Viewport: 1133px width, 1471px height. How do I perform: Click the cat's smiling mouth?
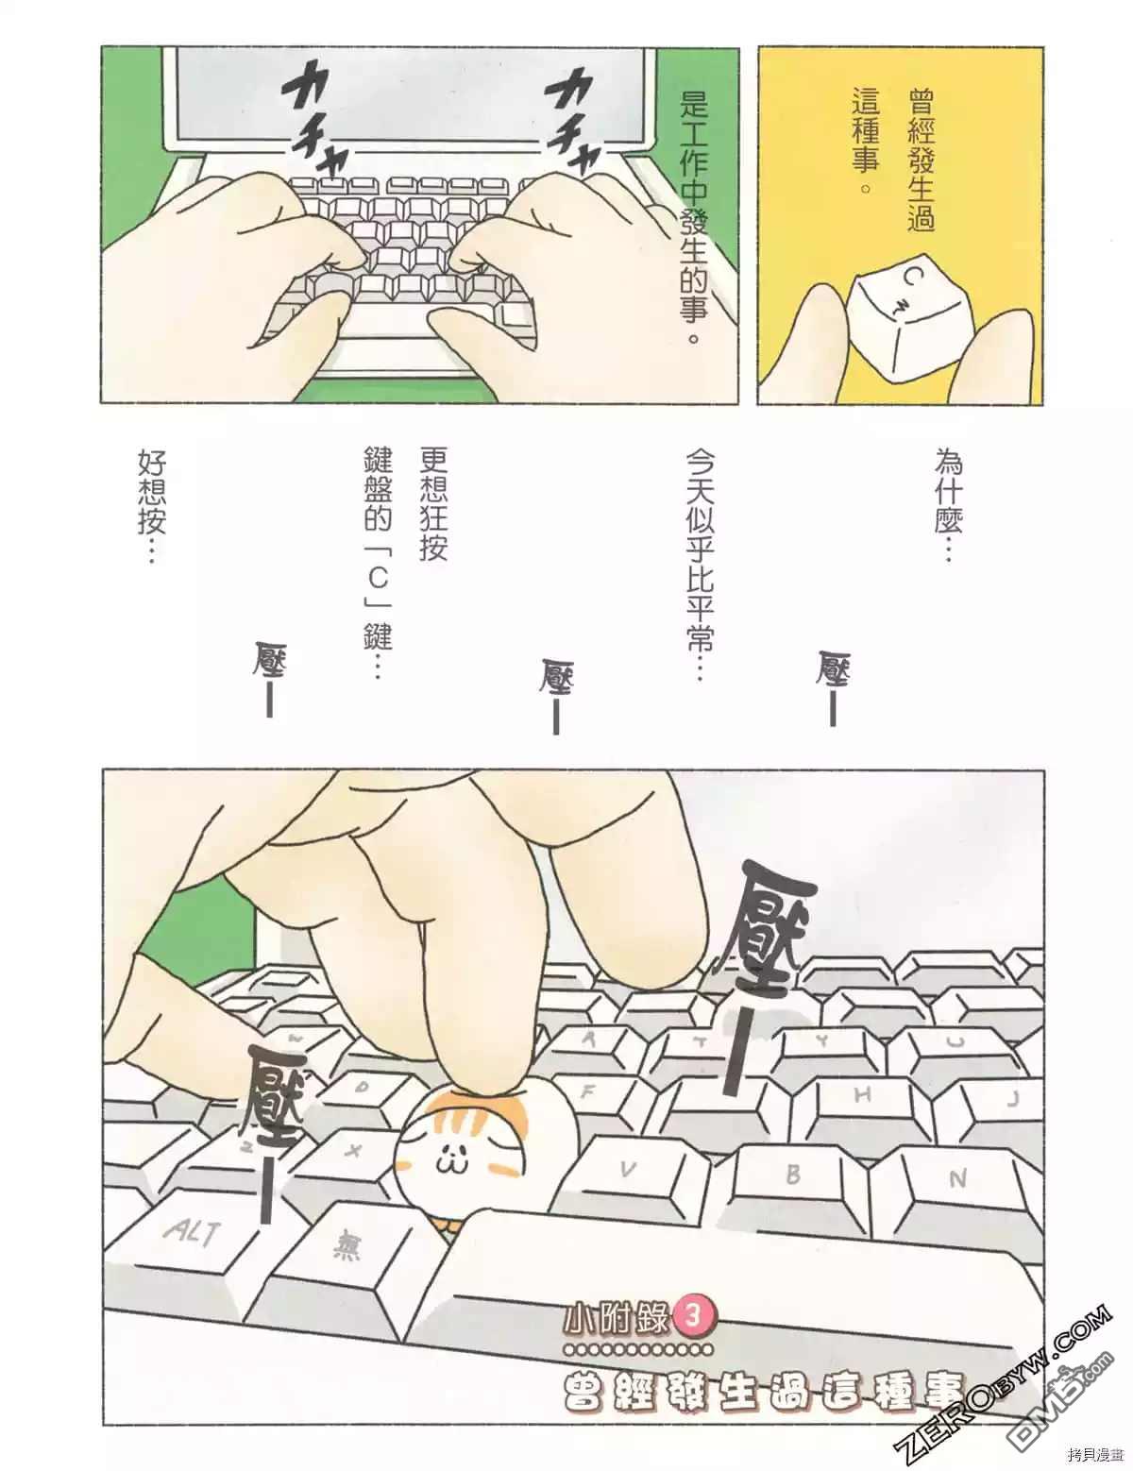448,1161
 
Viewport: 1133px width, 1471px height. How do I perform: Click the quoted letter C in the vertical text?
378,578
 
